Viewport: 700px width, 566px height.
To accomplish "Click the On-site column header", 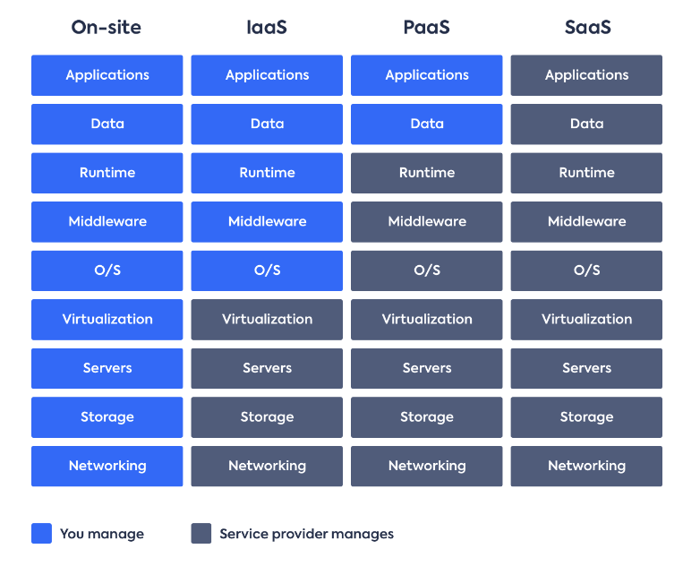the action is pyautogui.click(x=107, y=27).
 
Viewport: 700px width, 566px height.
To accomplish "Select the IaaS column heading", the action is pyautogui.click(x=267, y=27).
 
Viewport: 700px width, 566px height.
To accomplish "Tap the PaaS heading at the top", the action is pyautogui.click(x=426, y=27).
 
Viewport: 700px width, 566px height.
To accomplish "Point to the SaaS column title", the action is pyautogui.click(x=587, y=27).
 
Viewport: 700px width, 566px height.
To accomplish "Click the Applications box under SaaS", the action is pyautogui.click(x=586, y=75).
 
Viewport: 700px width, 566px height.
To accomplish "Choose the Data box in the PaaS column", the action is pyautogui.click(x=427, y=124).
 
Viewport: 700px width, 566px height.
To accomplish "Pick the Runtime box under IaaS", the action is pyautogui.click(x=267, y=173).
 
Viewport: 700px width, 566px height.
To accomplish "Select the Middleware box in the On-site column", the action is pyautogui.click(x=107, y=221).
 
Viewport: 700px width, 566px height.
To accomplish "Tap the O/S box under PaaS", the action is pyautogui.click(x=427, y=270).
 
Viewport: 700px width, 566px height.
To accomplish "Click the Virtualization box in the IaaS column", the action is pyautogui.click(x=267, y=320).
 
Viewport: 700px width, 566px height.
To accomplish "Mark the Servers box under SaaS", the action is pyautogui.click(x=586, y=369).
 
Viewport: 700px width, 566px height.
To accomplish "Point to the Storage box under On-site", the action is pyautogui.click(x=107, y=417).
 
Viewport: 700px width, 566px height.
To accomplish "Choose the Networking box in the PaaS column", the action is pyautogui.click(x=427, y=466).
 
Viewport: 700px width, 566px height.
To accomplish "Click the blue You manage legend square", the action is pyautogui.click(x=41, y=534).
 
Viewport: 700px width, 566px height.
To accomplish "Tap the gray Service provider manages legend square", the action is pyautogui.click(x=201, y=534).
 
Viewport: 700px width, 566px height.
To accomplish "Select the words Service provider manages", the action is pyautogui.click(x=307, y=534).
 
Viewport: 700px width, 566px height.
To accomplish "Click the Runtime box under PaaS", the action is pyautogui.click(x=427, y=173).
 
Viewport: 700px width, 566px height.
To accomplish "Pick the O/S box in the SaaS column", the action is pyautogui.click(x=586, y=270).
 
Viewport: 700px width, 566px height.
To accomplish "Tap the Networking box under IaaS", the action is pyautogui.click(x=267, y=466).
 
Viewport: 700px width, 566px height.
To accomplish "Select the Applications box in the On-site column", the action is pyautogui.click(x=107, y=75).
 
